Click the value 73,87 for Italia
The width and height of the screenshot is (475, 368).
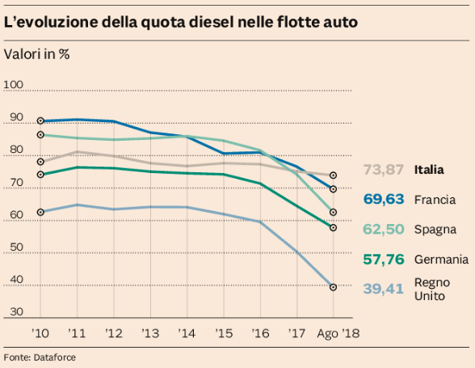coord(383,170)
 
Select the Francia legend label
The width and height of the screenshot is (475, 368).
coord(435,200)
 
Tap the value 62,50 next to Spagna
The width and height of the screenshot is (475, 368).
coord(384,230)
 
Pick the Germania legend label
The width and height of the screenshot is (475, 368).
coord(441,260)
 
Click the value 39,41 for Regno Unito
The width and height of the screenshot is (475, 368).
coord(383,289)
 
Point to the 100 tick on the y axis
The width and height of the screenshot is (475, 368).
coord(13,85)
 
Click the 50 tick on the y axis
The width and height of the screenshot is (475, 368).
coord(16,247)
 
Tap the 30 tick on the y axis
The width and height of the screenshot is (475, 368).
coord(16,312)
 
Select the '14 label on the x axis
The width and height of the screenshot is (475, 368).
coord(187,333)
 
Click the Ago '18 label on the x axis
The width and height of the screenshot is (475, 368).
coord(338,334)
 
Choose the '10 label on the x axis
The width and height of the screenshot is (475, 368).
coord(40,333)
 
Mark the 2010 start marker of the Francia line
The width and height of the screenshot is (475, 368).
coord(40,121)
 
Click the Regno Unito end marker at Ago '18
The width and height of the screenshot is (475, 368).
coord(333,287)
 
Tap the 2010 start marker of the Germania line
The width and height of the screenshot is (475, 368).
coord(40,175)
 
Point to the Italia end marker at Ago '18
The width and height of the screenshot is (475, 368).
coord(333,176)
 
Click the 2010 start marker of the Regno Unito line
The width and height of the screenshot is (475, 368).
coord(40,212)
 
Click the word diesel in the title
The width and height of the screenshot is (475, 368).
coord(211,22)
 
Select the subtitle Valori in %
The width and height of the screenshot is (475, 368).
coord(36,54)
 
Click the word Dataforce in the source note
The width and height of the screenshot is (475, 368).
coord(55,357)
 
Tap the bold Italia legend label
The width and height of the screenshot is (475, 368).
coord(429,170)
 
